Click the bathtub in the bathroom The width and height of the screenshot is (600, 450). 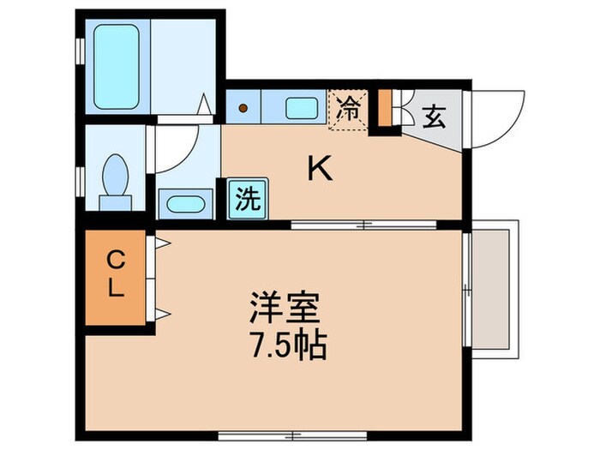(117, 67)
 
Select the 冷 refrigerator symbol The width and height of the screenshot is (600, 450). (349, 110)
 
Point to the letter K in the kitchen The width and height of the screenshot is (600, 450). (321, 171)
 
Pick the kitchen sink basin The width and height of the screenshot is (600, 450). (300, 108)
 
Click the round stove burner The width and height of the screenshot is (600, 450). (243, 109)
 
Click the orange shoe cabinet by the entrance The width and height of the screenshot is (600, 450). (386, 110)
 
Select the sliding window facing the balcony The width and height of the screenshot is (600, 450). (466, 286)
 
